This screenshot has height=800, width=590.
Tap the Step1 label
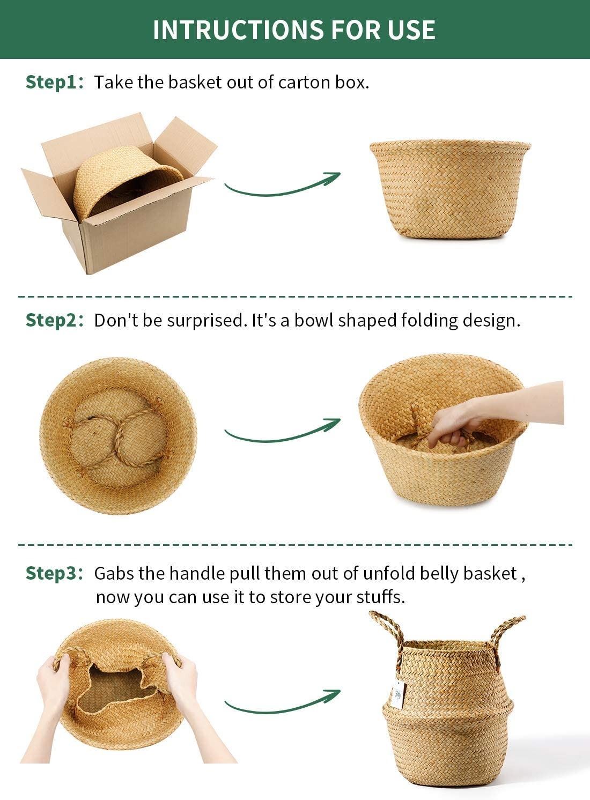54,83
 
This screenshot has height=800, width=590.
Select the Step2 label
54,320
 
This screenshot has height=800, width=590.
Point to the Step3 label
54,574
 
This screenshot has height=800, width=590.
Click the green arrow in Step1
282,190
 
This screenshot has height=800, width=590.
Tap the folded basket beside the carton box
450,189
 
